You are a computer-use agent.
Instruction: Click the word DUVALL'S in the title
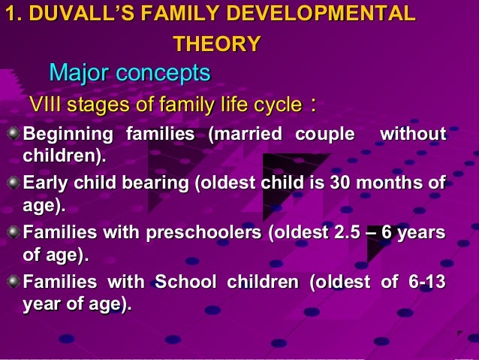[x=71, y=14]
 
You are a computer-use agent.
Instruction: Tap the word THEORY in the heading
[x=217, y=44]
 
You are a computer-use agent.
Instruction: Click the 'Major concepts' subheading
[x=129, y=74]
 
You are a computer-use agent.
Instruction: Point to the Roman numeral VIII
[x=44, y=104]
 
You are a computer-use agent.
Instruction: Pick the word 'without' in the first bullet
[x=413, y=135]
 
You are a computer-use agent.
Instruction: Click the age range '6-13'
[x=428, y=283]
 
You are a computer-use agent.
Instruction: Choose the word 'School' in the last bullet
[x=185, y=283]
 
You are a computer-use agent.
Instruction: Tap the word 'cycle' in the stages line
[x=276, y=104]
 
